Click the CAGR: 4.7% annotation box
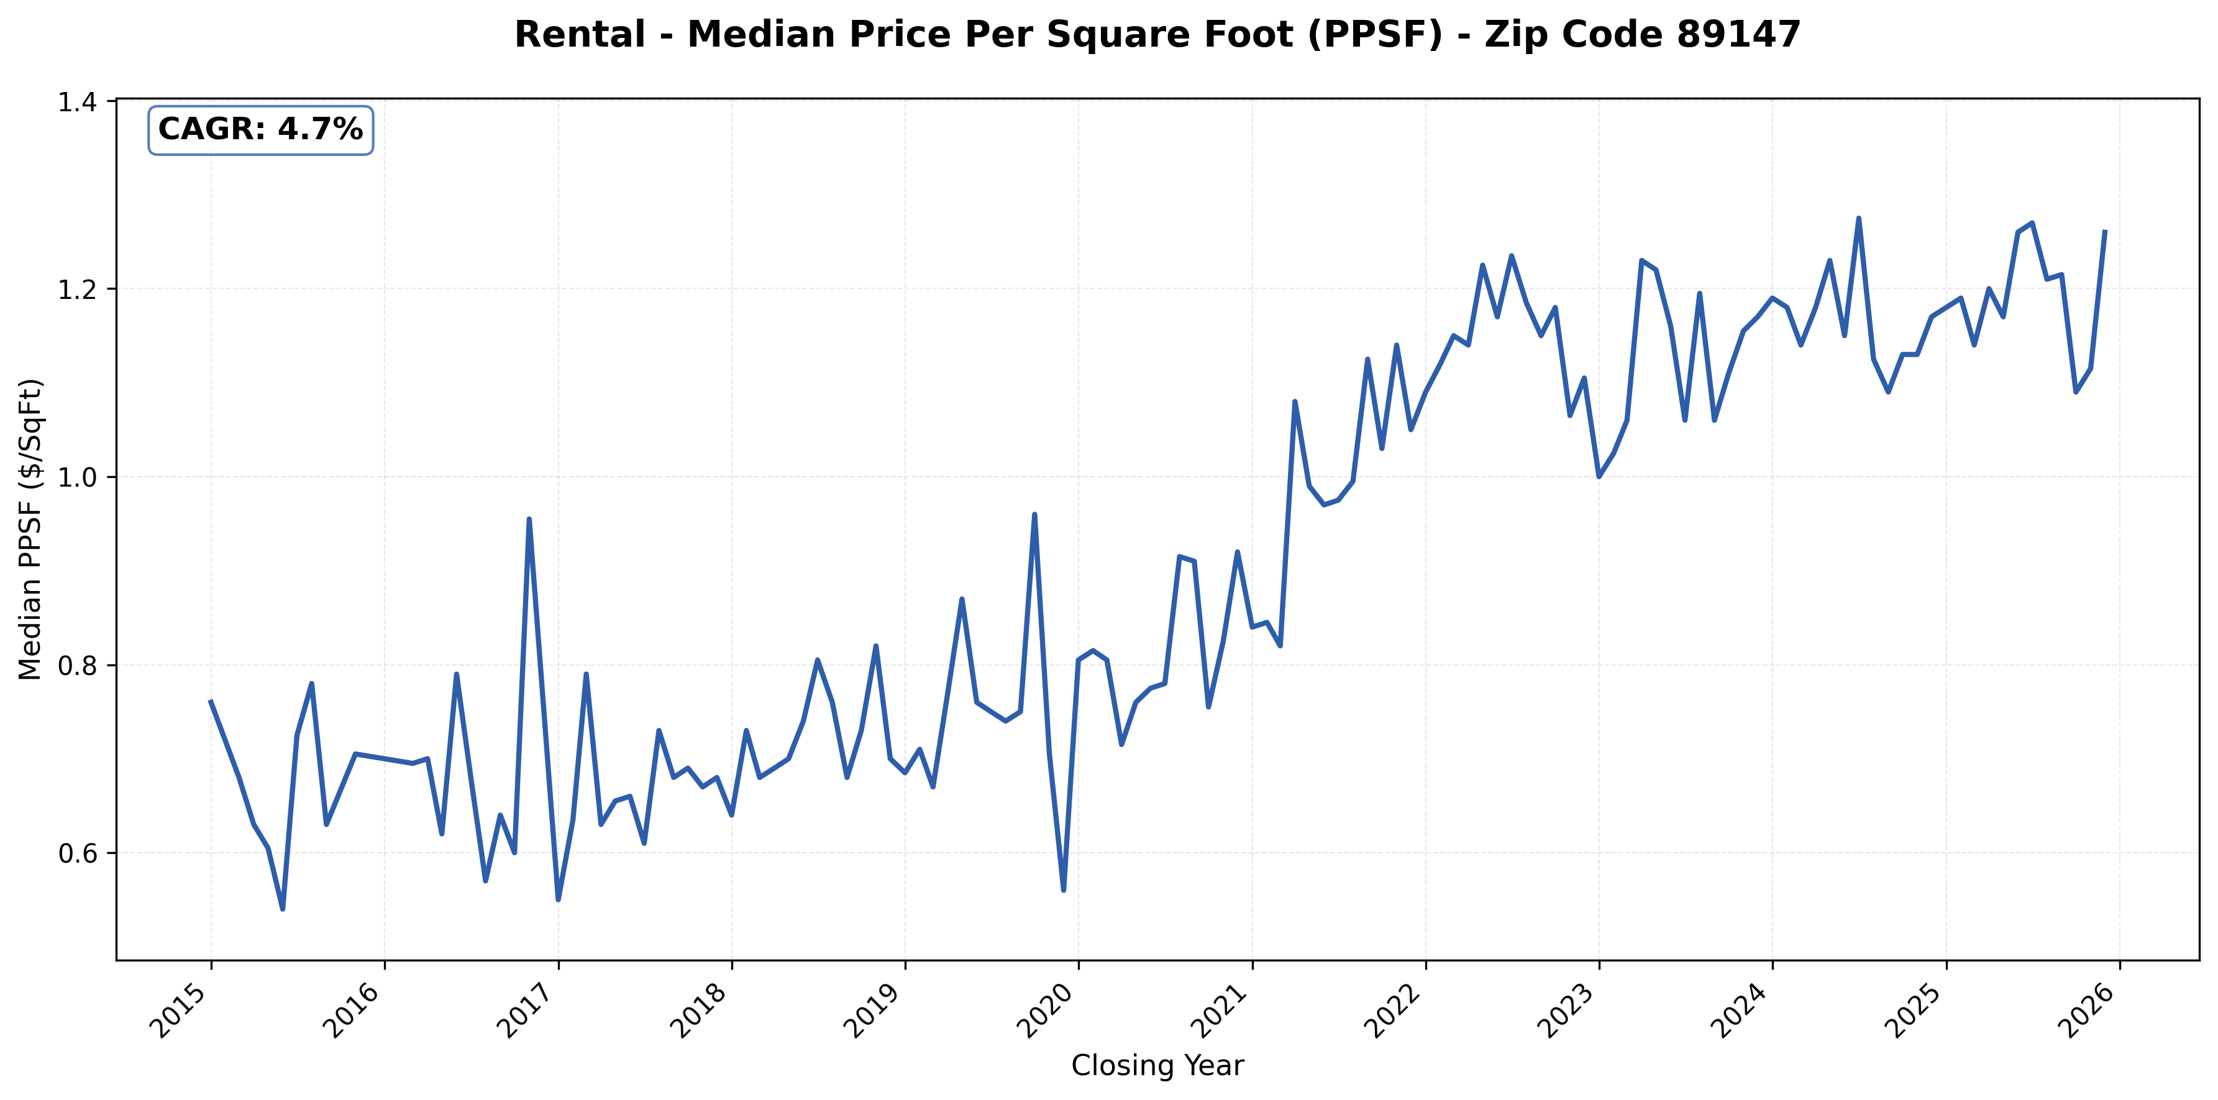[260, 130]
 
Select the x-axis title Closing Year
[1157, 1066]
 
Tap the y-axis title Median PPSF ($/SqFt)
[31, 529]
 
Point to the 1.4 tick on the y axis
[76, 103]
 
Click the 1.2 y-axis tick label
[76, 290]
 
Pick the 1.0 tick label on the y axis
[76, 477]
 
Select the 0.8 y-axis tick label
[76, 666]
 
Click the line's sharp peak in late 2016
[529, 520]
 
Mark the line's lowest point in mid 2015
[283, 909]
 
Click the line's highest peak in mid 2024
[1858, 218]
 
